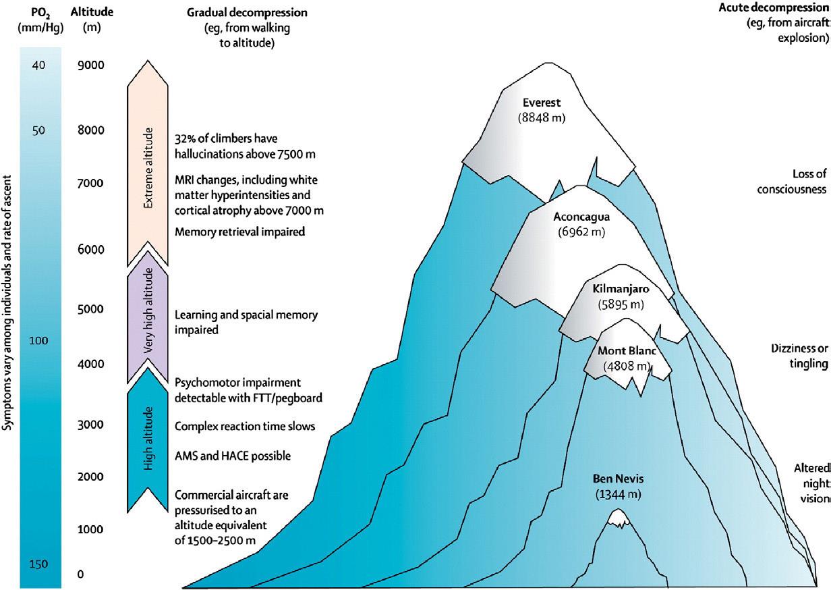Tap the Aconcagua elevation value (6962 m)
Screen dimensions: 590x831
(x=581, y=232)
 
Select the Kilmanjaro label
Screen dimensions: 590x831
(x=621, y=289)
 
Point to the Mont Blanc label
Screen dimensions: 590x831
(x=626, y=351)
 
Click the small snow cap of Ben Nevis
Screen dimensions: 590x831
(x=618, y=518)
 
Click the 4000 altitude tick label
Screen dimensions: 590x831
(x=90, y=365)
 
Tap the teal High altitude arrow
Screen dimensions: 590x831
(x=147, y=439)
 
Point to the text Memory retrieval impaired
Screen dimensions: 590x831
(x=240, y=232)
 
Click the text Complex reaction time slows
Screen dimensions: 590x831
(x=245, y=426)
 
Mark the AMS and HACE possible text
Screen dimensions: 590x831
(x=233, y=456)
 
